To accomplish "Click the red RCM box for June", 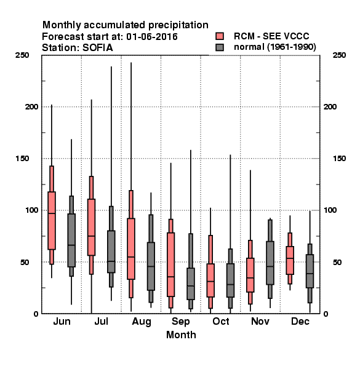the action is [x=52, y=221].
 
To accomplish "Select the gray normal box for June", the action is [x=71, y=240].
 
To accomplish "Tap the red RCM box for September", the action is [x=170, y=264].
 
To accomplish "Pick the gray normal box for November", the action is [x=270, y=263].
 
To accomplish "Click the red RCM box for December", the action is [x=290, y=260].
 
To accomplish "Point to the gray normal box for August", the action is [x=151, y=266].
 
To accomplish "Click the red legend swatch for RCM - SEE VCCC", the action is [x=220, y=36].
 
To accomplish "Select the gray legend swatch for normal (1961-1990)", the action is [x=220, y=47].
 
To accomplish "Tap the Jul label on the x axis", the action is [x=102, y=321].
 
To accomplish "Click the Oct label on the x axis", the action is [x=220, y=321].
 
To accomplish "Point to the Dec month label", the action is [x=300, y=321].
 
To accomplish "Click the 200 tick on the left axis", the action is [x=31, y=106].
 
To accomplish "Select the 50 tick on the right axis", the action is [x=337, y=262].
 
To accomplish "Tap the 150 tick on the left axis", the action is [x=22, y=159].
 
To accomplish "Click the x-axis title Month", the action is [x=181, y=335].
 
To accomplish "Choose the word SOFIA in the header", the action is [x=98, y=48].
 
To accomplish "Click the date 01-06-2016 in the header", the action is [x=152, y=36].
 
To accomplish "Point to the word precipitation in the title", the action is [x=178, y=25].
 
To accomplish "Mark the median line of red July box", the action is [x=91, y=236].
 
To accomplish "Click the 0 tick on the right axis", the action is [x=326, y=314].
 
